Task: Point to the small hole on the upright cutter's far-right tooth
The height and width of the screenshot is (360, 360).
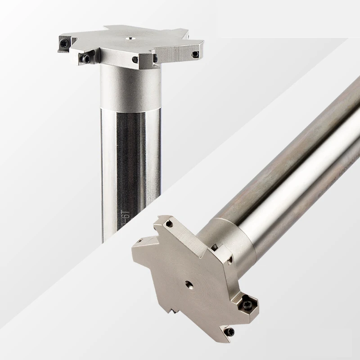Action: tap(195, 54)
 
